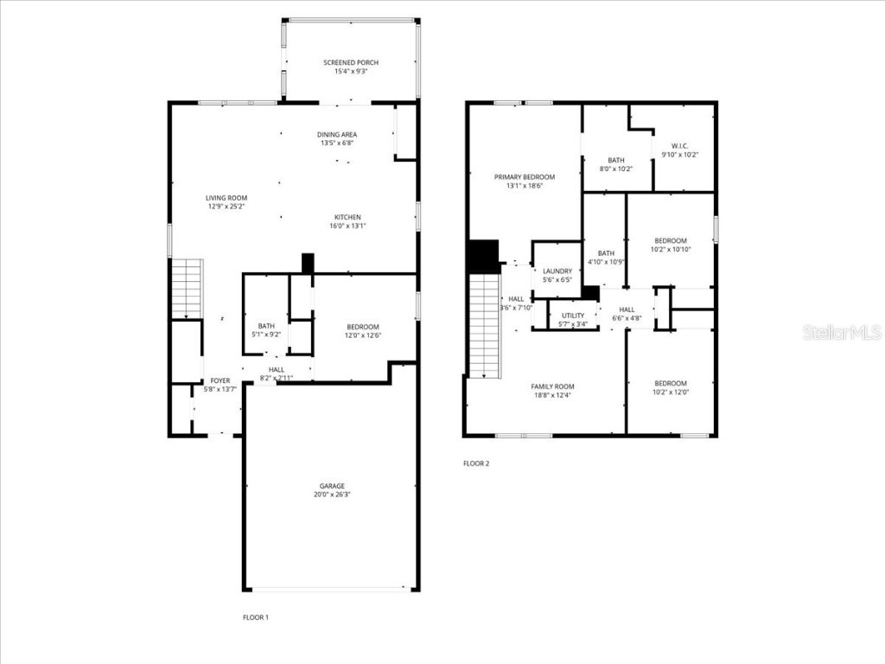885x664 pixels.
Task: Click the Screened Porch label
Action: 351,63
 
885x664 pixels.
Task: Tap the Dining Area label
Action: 337,135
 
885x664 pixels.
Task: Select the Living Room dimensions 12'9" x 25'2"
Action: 226,207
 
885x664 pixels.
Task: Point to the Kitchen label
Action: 348,217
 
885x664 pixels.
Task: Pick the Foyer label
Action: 220,380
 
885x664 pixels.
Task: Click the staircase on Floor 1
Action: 187,289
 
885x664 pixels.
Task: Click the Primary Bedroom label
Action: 525,176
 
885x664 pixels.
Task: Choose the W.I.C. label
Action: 680,145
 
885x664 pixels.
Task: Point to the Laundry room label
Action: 557,271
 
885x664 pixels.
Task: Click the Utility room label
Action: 573,316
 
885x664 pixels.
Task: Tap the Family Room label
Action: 552,386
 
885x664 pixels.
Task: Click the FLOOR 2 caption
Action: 476,463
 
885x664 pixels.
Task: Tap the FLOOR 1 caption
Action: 256,617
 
